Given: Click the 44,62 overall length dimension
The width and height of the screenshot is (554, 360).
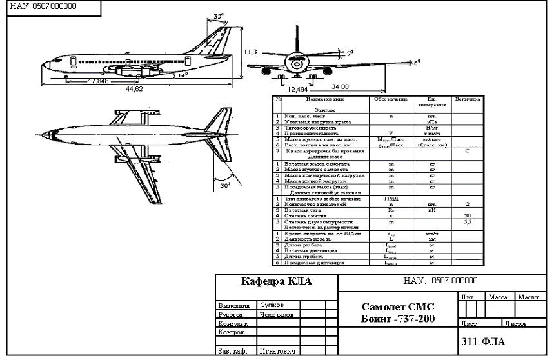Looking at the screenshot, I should [134, 88].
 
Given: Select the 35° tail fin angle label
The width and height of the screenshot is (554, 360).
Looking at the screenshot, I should [219, 15].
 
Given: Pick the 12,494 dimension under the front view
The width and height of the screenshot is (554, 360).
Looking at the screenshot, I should [297, 89].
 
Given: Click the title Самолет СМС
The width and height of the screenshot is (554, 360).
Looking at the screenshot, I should [398, 307].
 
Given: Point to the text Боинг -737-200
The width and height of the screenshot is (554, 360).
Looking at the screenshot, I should [397, 319].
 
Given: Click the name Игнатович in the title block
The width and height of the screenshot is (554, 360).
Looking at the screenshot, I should [277, 352].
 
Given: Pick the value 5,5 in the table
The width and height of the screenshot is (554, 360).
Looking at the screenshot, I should [466, 221].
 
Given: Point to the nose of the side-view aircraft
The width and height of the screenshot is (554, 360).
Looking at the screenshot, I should [41, 65].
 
